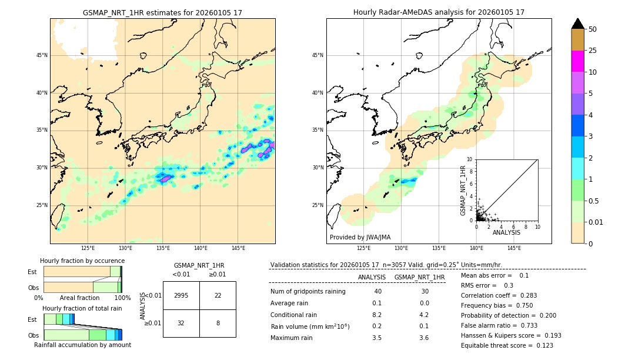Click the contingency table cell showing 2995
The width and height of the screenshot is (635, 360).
click(181, 295)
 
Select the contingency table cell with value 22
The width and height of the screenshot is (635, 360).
click(218, 295)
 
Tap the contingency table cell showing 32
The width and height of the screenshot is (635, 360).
click(181, 323)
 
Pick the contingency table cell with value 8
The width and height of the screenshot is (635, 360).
click(218, 323)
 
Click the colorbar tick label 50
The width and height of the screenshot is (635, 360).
click(593, 29)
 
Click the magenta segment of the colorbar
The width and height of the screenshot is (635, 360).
click(577, 61)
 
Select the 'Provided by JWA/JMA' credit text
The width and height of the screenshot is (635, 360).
click(360, 238)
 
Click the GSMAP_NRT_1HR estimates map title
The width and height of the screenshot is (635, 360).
click(162, 12)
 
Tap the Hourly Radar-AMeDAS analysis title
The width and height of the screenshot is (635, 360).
click(439, 12)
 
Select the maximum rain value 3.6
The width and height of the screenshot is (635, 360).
click(423, 338)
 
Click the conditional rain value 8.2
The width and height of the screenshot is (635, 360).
click(377, 315)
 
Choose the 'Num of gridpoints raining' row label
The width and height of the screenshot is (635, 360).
click(308, 292)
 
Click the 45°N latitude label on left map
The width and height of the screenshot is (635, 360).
click(42, 55)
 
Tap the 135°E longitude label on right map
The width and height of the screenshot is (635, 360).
click(439, 248)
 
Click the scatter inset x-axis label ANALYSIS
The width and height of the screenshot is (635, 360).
click(506, 232)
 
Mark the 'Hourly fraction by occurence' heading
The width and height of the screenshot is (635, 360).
click(82, 261)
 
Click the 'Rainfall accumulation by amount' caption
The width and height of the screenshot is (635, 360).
click(82, 345)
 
